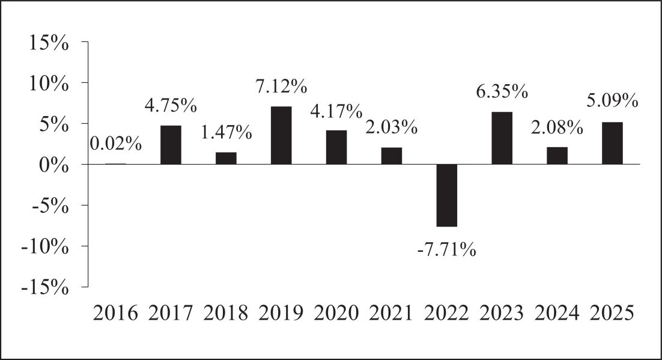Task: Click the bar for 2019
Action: pyautogui.click(x=281, y=135)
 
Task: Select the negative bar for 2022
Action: pyautogui.click(x=447, y=195)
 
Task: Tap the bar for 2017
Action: pyautogui.click(x=171, y=145)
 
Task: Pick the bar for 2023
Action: pyautogui.click(x=502, y=138)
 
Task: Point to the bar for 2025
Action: pyautogui.click(x=612, y=143)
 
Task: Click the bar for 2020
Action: pyautogui.click(x=336, y=147)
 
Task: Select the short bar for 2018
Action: pyautogui.click(x=226, y=158)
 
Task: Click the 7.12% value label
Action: pyautogui.click(x=281, y=87)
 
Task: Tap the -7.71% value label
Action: pyautogui.click(x=447, y=250)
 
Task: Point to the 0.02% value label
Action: pyautogui.click(x=116, y=144)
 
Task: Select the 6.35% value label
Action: pyautogui.click(x=502, y=92)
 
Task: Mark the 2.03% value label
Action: pyautogui.click(x=392, y=127)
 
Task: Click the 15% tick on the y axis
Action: pyautogui.click(x=49, y=43)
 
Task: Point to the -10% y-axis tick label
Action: pyautogui.click(x=44, y=247)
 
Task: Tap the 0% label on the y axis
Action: pyautogui.click(x=53, y=166)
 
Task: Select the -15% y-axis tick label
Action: pyautogui.click(x=44, y=288)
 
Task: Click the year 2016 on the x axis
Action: pyautogui.click(x=116, y=314)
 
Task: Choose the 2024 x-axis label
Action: pyautogui.click(x=557, y=314)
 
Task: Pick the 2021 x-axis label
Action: pyautogui.click(x=392, y=314)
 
